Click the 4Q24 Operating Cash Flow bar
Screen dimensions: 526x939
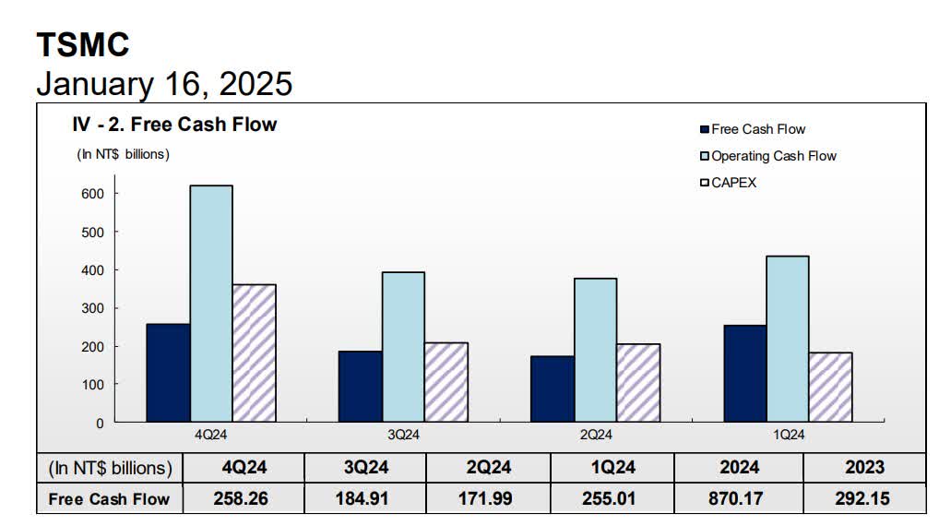coord(211,304)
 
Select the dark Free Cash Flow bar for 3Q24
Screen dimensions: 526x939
coord(360,387)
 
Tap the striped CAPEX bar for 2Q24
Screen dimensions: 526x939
coord(638,383)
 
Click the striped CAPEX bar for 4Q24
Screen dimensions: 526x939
coord(255,353)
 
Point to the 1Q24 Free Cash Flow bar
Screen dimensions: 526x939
coord(743,374)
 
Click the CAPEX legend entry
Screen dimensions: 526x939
coord(729,183)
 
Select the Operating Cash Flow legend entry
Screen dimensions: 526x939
coord(767,156)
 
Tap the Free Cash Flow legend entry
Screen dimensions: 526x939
coord(753,129)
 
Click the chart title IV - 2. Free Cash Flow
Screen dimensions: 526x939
coord(175,124)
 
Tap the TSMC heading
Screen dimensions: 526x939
coord(83,44)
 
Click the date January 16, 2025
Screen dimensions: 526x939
coord(164,84)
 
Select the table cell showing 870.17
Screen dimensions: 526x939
coord(739,498)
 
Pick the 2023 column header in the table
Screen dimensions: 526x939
coord(863,468)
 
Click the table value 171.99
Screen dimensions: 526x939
coord(488,498)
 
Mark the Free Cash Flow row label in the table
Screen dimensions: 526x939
coord(110,498)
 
